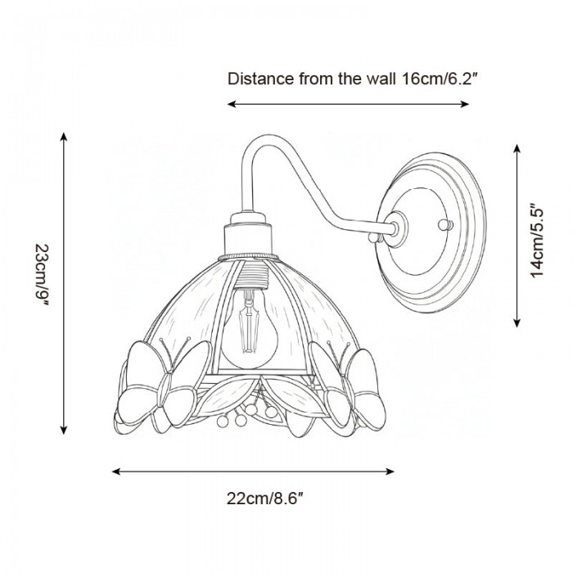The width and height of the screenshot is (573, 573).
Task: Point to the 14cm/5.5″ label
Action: click(537, 241)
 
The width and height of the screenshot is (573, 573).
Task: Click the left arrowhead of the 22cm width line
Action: click(115, 471)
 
